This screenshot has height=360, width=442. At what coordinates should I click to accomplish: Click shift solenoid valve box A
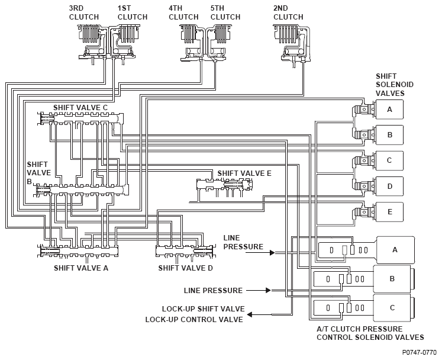coord(389,110)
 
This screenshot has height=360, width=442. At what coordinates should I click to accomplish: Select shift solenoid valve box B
coord(389,135)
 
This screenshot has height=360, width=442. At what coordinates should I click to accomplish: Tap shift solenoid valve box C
coord(389,160)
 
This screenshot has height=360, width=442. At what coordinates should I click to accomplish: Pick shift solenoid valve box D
coord(389,186)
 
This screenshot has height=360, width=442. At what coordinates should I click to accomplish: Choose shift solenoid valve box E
coord(389,212)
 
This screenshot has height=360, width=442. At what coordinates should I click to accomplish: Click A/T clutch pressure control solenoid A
coord(395,250)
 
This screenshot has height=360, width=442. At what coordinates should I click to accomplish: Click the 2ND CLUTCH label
coord(288,12)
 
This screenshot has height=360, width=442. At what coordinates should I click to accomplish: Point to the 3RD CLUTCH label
coord(83,12)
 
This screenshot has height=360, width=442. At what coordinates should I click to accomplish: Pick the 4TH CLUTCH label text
coord(183,12)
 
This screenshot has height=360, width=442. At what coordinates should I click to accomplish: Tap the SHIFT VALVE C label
coord(80,108)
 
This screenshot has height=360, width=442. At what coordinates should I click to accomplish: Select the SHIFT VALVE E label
coord(244,173)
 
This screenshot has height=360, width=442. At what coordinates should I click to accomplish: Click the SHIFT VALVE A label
coord(81,268)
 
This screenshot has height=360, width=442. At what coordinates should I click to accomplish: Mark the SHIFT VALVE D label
coord(185,268)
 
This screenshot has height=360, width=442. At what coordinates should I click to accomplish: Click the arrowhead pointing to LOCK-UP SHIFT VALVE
coord(250,314)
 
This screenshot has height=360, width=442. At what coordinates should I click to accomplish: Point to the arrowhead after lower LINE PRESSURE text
coord(268,290)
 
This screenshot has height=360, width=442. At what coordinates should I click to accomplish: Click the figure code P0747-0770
coord(419,352)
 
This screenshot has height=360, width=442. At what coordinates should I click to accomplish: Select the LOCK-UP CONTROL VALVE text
coord(194,320)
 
